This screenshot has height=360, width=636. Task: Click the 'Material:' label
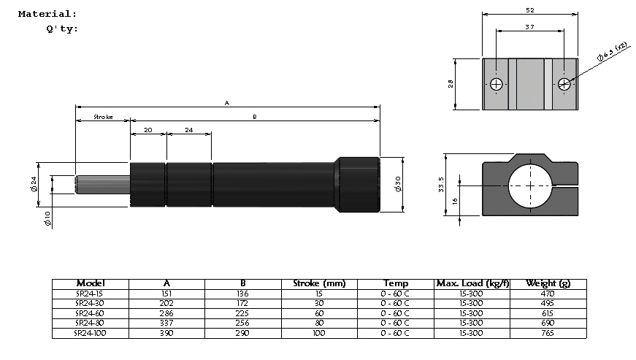[47, 14]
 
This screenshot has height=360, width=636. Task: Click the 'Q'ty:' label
[62, 29]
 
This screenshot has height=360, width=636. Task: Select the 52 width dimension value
[530, 10]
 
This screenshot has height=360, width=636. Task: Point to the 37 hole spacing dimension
[530, 26]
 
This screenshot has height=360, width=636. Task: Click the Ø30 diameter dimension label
[397, 184]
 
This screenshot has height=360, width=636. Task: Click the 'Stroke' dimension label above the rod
[103, 117]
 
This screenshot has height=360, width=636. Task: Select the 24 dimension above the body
[188, 130]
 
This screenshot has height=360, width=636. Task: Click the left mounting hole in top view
[497, 84]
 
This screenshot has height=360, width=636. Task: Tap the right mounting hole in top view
[564, 84]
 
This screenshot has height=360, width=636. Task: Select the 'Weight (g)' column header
[550, 283]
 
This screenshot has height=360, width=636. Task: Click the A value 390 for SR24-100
[166, 333]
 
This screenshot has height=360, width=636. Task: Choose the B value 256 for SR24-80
[243, 323]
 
